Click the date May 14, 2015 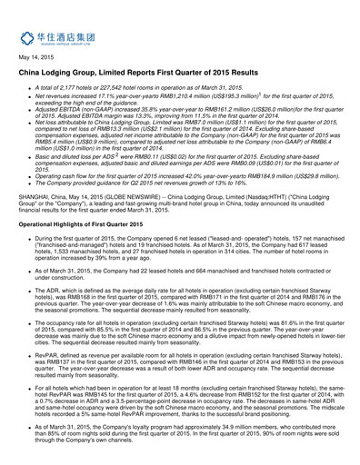pyautogui.click(x=35, y=57)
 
